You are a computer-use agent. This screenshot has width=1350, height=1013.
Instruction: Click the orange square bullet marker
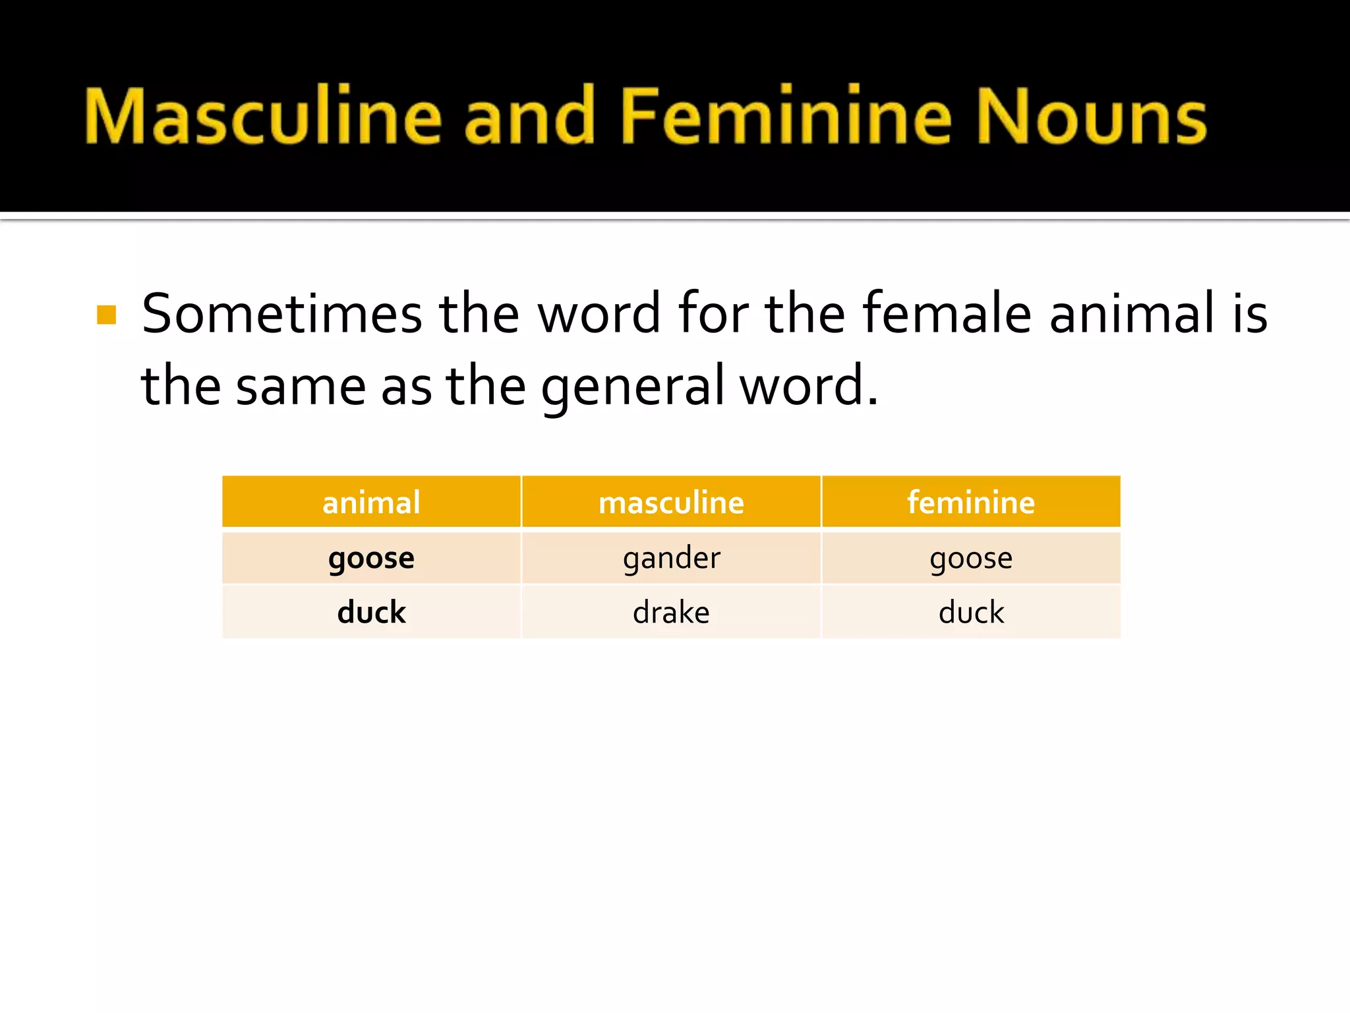click(x=106, y=315)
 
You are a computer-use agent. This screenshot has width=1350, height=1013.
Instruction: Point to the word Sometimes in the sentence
click(x=281, y=314)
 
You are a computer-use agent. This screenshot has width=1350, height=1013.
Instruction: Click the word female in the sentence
click(x=947, y=314)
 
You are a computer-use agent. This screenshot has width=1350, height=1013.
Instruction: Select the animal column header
click(x=371, y=503)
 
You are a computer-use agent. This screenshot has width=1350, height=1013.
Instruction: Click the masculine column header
click(x=671, y=503)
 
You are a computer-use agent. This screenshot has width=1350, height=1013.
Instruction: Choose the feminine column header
click(x=971, y=503)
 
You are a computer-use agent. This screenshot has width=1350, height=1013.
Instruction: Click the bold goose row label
click(x=371, y=559)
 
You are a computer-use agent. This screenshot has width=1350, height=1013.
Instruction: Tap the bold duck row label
click(x=371, y=612)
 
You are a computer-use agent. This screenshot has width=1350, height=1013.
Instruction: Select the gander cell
click(x=671, y=559)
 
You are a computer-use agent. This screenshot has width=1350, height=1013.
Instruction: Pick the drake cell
click(x=671, y=612)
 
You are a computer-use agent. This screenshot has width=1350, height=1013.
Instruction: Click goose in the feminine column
click(x=971, y=559)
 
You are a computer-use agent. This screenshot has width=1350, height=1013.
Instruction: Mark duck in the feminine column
click(x=971, y=612)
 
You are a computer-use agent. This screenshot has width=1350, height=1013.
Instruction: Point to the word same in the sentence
click(x=301, y=386)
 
